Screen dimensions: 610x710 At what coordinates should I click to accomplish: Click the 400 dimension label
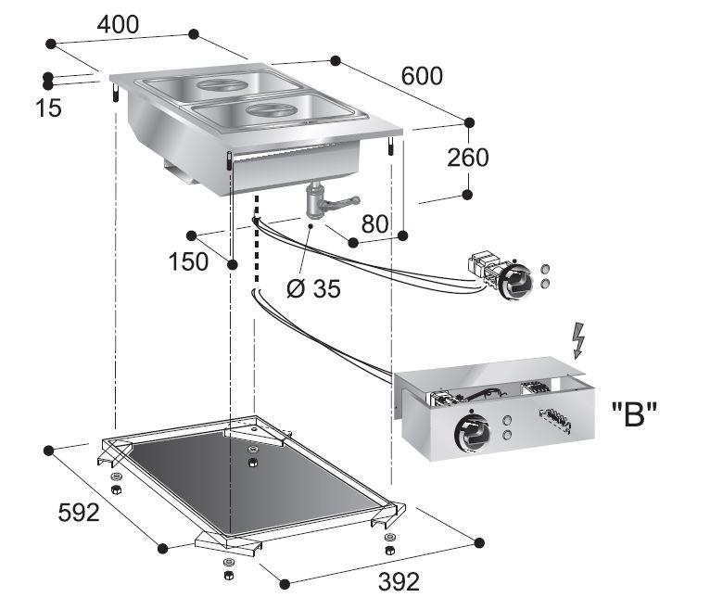tap(119, 25)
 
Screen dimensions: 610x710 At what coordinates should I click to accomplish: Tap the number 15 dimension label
tap(48, 108)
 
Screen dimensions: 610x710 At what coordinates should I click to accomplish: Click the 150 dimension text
tap(188, 262)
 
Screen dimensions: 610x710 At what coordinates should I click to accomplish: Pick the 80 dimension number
tap(374, 223)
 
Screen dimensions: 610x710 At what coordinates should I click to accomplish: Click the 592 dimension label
tap(78, 512)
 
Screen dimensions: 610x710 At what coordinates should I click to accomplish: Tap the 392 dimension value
tap(393, 581)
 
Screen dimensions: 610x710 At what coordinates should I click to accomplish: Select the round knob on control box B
tap(469, 428)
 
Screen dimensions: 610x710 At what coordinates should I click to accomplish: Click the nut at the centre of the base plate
tap(252, 462)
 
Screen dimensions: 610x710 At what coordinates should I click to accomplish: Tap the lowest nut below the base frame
tap(226, 576)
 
